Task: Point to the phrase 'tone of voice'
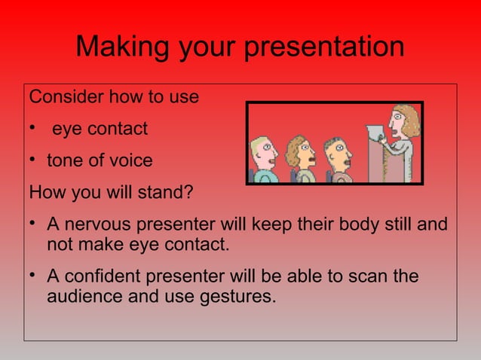(100, 160)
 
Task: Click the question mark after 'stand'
(188, 192)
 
